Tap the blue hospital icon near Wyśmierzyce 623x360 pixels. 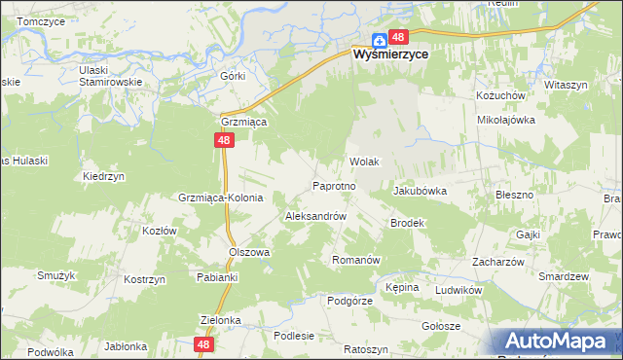(x=378, y=41)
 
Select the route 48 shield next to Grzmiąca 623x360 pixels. (x=225, y=141)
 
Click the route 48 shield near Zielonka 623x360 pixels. (x=203, y=344)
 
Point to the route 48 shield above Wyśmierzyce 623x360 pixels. (x=397, y=38)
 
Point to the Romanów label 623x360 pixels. (x=354, y=260)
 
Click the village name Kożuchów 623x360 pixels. (x=500, y=96)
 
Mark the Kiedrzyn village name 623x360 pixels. (x=103, y=177)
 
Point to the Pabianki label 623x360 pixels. (x=217, y=277)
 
